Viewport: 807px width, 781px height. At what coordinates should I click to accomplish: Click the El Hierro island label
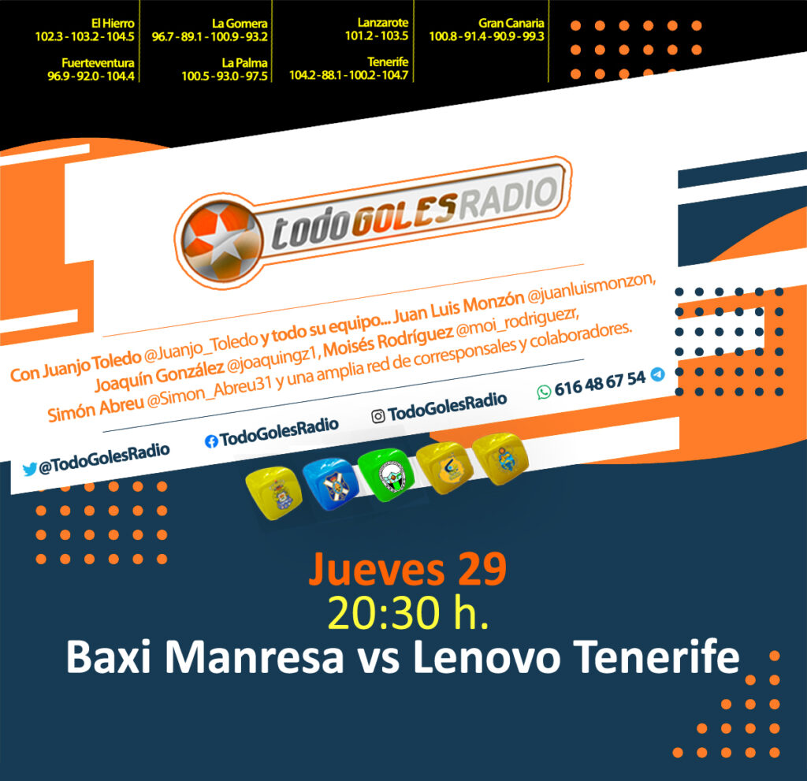tap(112, 23)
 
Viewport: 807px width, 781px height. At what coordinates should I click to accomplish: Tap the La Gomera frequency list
tap(210, 36)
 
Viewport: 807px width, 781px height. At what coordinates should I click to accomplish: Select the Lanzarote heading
tap(383, 23)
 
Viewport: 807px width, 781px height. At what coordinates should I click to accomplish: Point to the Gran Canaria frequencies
tap(486, 36)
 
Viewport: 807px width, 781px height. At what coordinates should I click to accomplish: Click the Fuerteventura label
tap(98, 63)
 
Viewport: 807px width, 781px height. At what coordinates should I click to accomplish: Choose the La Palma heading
tap(244, 63)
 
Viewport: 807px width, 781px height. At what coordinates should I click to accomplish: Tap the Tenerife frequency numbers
tap(348, 75)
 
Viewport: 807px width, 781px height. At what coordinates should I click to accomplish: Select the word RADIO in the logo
tap(508, 199)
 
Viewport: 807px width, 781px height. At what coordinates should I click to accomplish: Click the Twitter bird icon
tap(29, 469)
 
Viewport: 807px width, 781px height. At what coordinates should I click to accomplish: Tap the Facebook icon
tap(211, 441)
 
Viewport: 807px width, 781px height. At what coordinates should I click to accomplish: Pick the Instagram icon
tap(377, 416)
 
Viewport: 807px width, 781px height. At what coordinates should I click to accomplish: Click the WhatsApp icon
tap(544, 392)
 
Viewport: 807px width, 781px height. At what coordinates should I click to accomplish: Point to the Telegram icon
tap(657, 374)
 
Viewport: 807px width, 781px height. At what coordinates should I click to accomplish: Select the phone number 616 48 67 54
tap(600, 384)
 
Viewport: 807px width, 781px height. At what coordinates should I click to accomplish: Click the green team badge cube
tap(386, 475)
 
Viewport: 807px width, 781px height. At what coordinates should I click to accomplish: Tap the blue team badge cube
tap(330, 484)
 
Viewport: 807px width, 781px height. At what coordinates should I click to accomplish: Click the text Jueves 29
tap(407, 570)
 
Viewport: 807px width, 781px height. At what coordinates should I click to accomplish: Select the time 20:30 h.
tap(407, 613)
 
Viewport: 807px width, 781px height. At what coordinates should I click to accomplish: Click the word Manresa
tap(255, 657)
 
